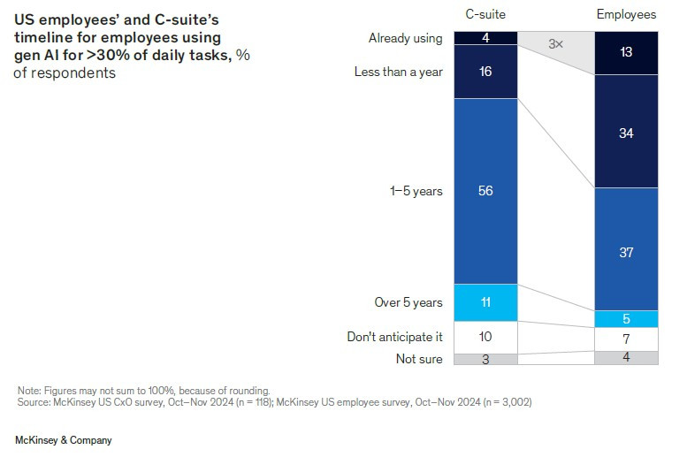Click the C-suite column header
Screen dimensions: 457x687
point(485,14)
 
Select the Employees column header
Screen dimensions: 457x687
point(626,14)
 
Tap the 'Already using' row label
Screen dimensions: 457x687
point(405,38)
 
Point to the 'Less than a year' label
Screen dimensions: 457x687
point(399,72)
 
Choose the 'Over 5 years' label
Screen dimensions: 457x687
point(408,302)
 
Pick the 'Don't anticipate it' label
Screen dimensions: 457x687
point(394,337)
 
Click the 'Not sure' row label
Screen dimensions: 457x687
point(418,359)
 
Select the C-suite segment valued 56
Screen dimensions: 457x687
point(485,191)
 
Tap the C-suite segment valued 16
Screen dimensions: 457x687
point(485,72)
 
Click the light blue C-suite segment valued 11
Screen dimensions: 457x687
point(485,302)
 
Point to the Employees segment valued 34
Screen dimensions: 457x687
point(626,133)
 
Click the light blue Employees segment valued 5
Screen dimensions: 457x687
point(626,319)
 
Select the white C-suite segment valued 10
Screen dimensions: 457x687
point(485,337)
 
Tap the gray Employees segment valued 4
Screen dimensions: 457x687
point(626,358)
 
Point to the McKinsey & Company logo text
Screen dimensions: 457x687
point(64,439)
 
